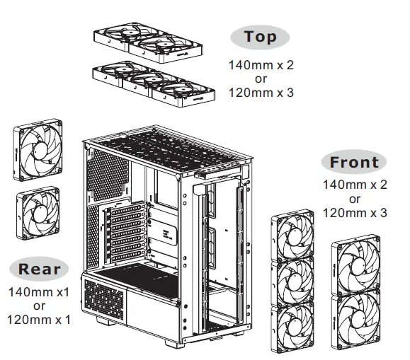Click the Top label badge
(260, 37)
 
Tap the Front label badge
(353, 162)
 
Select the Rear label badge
(40, 268)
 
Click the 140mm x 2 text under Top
(261, 65)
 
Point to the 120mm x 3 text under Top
(261, 92)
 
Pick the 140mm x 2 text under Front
(355, 185)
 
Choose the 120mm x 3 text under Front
(355, 211)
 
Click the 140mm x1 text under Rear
(39, 292)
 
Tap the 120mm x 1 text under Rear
(39, 319)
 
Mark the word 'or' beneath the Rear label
(39, 306)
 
